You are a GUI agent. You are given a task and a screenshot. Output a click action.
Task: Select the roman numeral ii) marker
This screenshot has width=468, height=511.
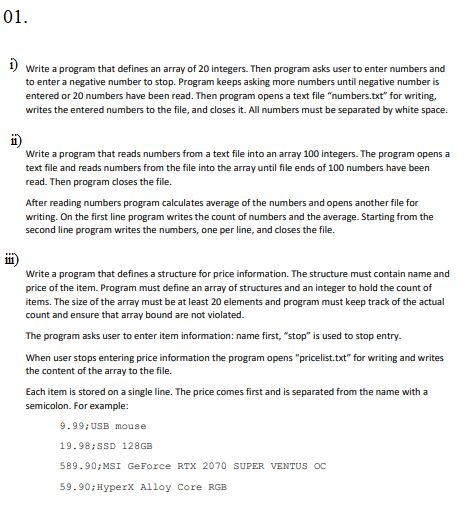point(12,138)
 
